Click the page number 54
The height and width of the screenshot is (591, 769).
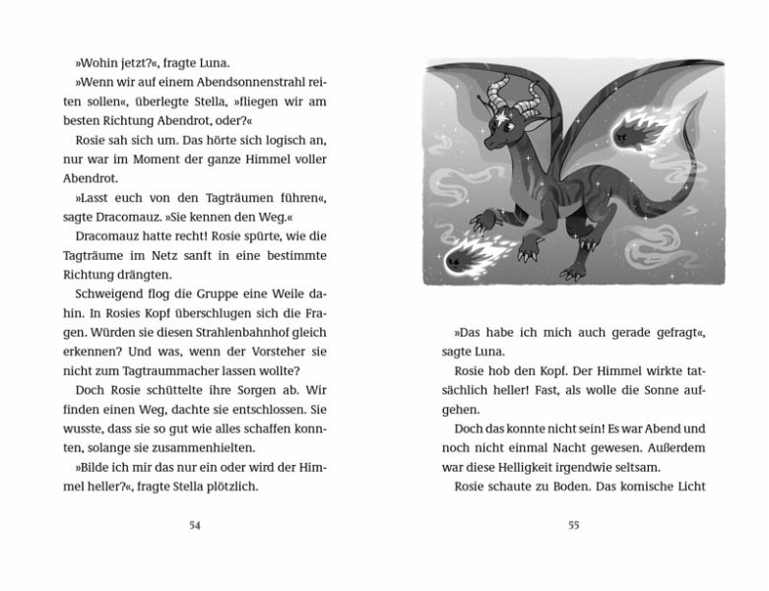click(194, 525)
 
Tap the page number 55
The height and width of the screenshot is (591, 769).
click(573, 525)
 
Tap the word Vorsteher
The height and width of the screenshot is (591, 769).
click(286, 353)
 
